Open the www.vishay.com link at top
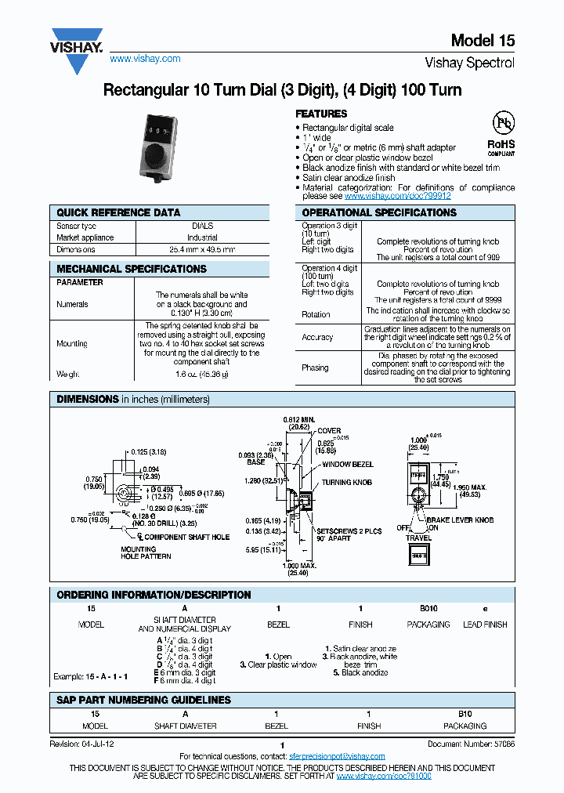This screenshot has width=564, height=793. tap(145, 59)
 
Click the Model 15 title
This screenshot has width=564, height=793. tap(483, 42)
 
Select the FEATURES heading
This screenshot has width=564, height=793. tap(322, 114)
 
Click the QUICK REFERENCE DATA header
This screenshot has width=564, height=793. tap(118, 212)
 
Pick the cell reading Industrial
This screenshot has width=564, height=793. tap(202, 237)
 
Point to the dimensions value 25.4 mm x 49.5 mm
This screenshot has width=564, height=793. tap(202, 249)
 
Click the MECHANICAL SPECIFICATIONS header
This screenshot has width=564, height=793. tap(132, 269)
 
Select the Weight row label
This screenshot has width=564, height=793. tap(68, 375)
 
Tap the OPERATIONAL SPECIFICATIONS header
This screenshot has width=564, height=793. tap(379, 212)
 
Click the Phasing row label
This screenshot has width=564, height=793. tap(315, 368)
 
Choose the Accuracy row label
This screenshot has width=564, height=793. tap(317, 338)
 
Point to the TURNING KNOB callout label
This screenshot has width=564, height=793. tap(347, 483)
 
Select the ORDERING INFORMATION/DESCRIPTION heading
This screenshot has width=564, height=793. tap(154, 595)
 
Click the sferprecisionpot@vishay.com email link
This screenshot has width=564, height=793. tap(338, 756)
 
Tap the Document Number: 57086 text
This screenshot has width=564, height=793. tap(471, 744)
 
